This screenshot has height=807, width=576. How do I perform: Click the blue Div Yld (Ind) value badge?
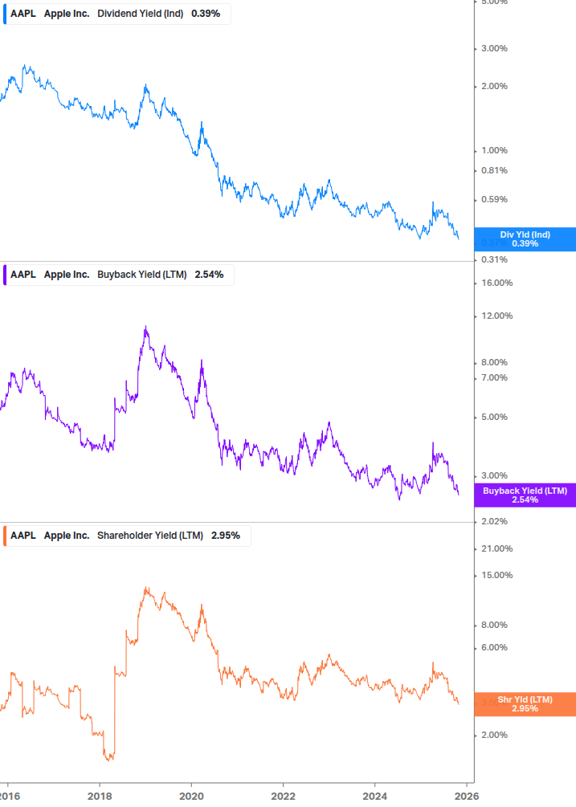click(x=525, y=239)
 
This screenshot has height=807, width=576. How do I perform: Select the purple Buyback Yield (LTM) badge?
click(x=525, y=495)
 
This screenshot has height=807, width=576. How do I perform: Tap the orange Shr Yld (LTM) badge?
click(x=525, y=704)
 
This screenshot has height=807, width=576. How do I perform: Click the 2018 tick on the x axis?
click(x=100, y=795)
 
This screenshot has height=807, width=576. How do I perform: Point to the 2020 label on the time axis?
click(x=191, y=795)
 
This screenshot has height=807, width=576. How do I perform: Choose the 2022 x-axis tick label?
click(x=284, y=795)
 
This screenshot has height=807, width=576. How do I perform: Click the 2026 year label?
click(x=467, y=795)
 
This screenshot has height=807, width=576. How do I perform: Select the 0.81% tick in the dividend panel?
click(x=494, y=170)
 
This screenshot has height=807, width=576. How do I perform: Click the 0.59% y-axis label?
click(x=494, y=200)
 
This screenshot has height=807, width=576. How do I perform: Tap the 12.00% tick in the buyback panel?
click(x=496, y=316)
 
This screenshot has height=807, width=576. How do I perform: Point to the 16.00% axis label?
click(x=496, y=283)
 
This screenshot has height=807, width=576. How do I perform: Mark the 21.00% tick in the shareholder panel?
click(x=496, y=548)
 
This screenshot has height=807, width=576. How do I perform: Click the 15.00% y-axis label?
click(x=496, y=575)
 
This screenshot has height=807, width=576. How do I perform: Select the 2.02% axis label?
click(x=494, y=522)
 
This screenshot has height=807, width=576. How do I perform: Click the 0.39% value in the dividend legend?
click(x=206, y=14)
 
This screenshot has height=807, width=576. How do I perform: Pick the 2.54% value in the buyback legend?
click(x=209, y=275)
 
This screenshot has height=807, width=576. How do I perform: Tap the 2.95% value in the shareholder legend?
click(x=226, y=536)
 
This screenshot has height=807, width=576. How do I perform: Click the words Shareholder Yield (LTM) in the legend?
click(x=150, y=536)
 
